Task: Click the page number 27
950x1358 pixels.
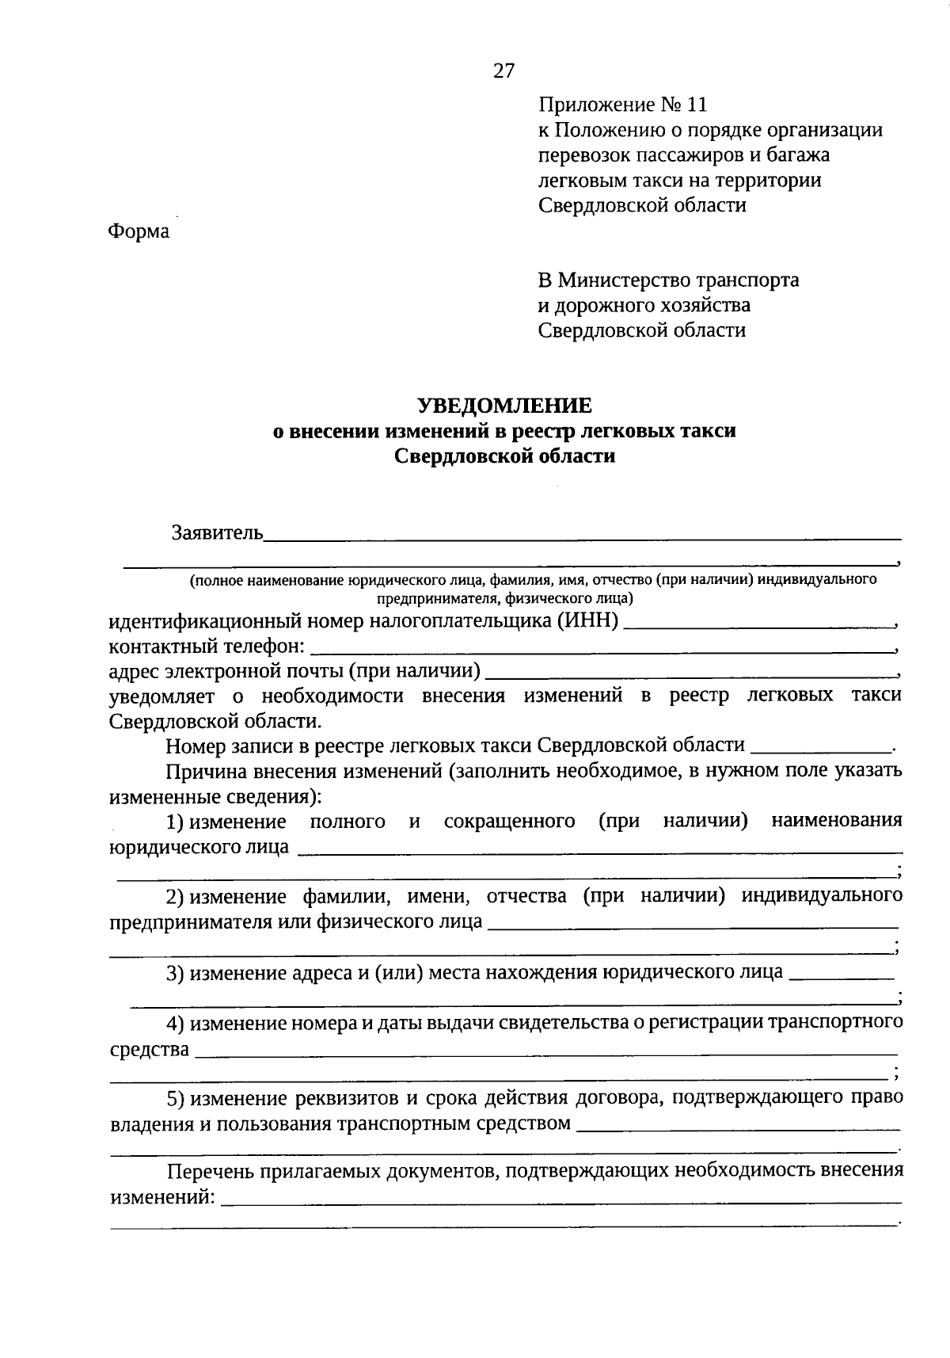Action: pyautogui.click(x=503, y=71)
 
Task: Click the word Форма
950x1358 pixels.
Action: pyautogui.click(x=139, y=231)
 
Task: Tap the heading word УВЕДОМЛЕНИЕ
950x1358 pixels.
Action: pyautogui.click(x=504, y=406)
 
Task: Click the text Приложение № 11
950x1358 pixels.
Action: pyautogui.click(x=621, y=105)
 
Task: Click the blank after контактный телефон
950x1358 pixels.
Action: pyautogui.click(x=602, y=647)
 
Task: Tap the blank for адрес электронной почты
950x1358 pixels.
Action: pyautogui.click(x=689, y=673)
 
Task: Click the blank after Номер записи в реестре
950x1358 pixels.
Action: pyautogui.click(x=819, y=746)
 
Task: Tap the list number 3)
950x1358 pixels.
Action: pyautogui.click(x=175, y=972)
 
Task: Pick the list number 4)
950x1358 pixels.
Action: pyautogui.click(x=175, y=1023)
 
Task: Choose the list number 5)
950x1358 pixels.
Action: pyautogui.click(x=175, y=1098)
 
